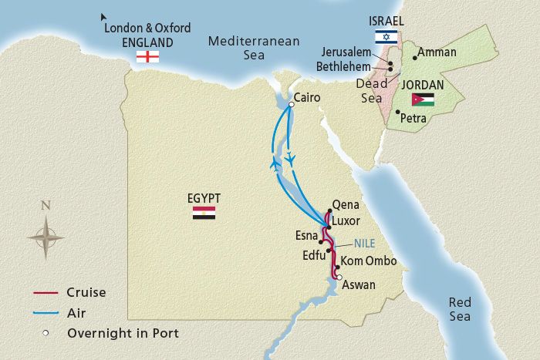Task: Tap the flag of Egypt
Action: [x=204, y=213]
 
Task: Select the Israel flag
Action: [x=386, y=36]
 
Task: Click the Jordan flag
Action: [x=423, y=99]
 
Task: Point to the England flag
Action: [x=147, y=56]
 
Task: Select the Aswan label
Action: [x=358, y=284]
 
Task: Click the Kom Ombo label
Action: [x=369, y=261]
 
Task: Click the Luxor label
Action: [x=346, y=220]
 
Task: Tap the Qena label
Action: [x=345, y=206]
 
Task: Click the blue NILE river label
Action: [x=364, y=241]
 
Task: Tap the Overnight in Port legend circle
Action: [x=46, y=333]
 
